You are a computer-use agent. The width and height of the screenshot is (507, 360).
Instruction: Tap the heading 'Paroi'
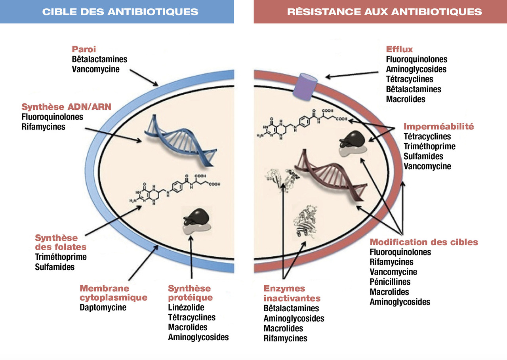pyautogui.click(x=84, y=50)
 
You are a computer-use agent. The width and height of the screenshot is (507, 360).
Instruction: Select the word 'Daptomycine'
pyautogui.click(x=103, y=307)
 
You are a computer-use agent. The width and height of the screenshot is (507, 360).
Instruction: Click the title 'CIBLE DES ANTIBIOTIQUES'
pyautogui.click(x=120, y=11)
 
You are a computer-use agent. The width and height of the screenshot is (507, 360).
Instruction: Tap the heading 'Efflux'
pyautogui.click(x=399, y=50)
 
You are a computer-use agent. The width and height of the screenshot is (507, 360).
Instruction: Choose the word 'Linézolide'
pyautogui.click(x=186, y=307)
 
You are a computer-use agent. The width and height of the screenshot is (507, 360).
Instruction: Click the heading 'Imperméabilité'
pyautogui.click(x=438, y=127)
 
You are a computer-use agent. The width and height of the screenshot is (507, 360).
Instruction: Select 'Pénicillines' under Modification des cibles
pyautogui.click(x=390, y=282)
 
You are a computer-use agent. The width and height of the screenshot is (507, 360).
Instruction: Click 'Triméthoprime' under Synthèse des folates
pyautogui.click(x=61, y=257)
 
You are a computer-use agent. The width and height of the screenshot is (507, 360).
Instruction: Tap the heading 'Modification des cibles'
pyautogui.click(x=424, y=242)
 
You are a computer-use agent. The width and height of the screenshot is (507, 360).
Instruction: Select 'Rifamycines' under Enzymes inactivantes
pyautogui.click(x=285, y=339)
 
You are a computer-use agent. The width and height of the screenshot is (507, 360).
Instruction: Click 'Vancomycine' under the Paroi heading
pyautogui.click(x=95, y=69)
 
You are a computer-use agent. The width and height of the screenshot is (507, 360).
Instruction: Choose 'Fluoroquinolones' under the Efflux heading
pyautogui.click(x=417, y=59)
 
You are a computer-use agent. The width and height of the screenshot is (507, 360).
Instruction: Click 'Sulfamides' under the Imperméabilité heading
pyautogui.click(x=423, y=156)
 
